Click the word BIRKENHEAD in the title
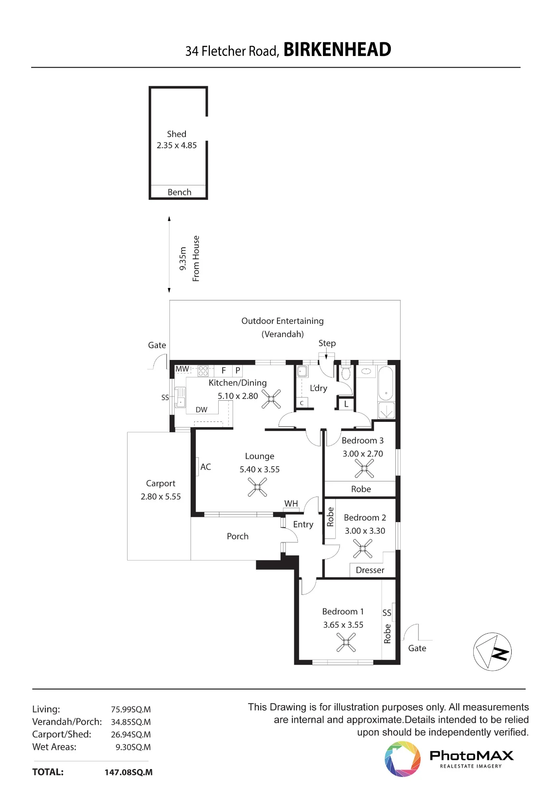point(337,50)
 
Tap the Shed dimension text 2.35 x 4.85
point(177,145)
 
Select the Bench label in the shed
point(179,192)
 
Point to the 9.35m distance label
point(183,258)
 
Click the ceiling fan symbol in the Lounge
point(257,487)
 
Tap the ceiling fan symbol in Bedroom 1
point(346,642)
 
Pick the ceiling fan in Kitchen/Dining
point(271,399)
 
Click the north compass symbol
point(492,652)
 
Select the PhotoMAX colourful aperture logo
point(403,759)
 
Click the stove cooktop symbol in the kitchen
point(203,371)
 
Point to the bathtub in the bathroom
point(386,383)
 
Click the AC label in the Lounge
point(205,467)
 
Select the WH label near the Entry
point(291,503)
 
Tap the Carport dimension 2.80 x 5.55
point(161,497)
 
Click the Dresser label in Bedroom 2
point(370,570)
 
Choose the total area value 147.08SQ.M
point(129,772)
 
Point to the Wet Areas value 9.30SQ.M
point(133,747)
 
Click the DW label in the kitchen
point(201,409)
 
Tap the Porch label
point(238,536)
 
